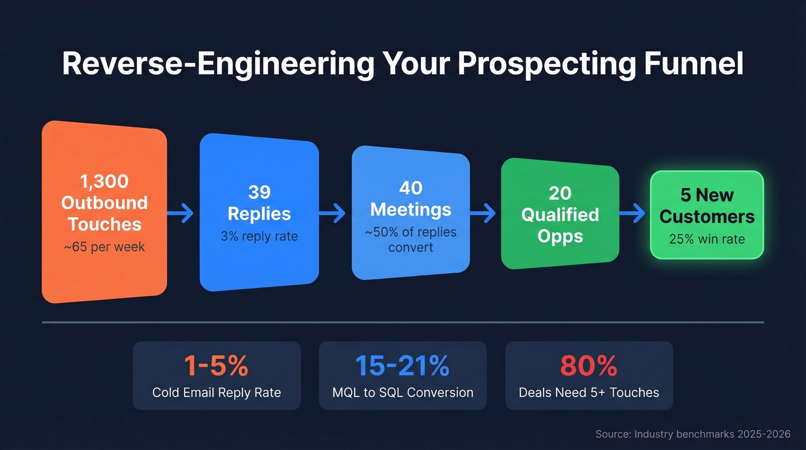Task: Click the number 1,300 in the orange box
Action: (104, 181)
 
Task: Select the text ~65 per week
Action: (104, 247)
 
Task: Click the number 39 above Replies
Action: (259, 192)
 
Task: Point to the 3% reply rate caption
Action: (259, 236)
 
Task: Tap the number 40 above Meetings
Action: (410, 188)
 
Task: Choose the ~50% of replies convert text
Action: (410, 239)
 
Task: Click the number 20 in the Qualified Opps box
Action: (560, 193)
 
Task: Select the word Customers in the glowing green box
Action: (706, 217)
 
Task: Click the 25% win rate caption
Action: (706, 239)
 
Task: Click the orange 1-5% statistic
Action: (216, 366)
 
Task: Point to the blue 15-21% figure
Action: (402, 366)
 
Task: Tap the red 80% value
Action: (588, 366)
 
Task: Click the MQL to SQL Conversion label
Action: (402, 393)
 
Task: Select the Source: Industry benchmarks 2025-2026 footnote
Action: (693, 434)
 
